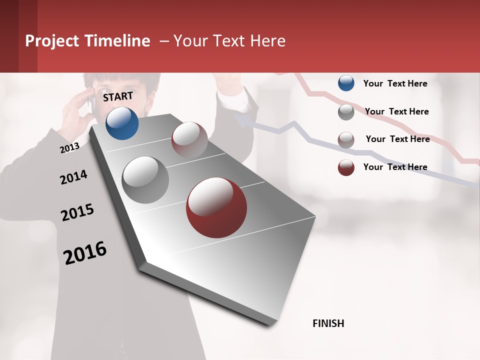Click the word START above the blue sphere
coord(118,96)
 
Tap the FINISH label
coord(328,323)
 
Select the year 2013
coord(69,147)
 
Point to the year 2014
coord(73,177)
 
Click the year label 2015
coord(77,213)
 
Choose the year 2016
coord(85,253)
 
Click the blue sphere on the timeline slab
coord(122,123)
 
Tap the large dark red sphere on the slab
coord(216,207)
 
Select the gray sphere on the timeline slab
coord(145,180)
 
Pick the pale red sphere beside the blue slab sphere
coord(189,139)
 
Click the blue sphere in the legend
coord(346,83)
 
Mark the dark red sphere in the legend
coord(346,167)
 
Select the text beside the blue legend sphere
coord(395,83)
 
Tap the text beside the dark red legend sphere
coord(395,167)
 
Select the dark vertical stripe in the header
coord(27,36)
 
